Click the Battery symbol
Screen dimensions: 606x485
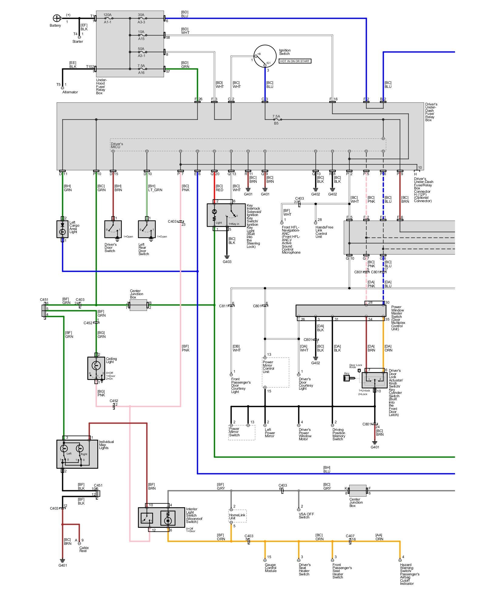(56, 18)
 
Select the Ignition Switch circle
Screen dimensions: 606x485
(265, 56)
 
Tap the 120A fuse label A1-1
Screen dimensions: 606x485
(108, 22)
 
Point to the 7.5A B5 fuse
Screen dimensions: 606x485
(276, 120)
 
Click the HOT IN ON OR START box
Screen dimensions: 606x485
(295, 61)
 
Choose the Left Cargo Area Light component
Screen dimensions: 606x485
(62, 229)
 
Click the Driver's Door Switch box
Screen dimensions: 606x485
(113, 229)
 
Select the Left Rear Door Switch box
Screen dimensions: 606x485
(147, 229)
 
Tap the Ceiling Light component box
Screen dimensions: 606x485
(96, 368)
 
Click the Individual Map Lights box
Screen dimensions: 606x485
(77, 454)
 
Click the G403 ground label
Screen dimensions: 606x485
(227, 262)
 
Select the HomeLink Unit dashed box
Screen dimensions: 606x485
(237, 516)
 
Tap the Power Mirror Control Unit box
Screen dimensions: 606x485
(275, 372)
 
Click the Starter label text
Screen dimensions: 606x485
(78, 42)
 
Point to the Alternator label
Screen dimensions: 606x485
(70, 92)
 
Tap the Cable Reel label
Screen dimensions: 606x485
(84, 549)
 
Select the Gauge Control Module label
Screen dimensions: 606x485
(270, 568)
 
